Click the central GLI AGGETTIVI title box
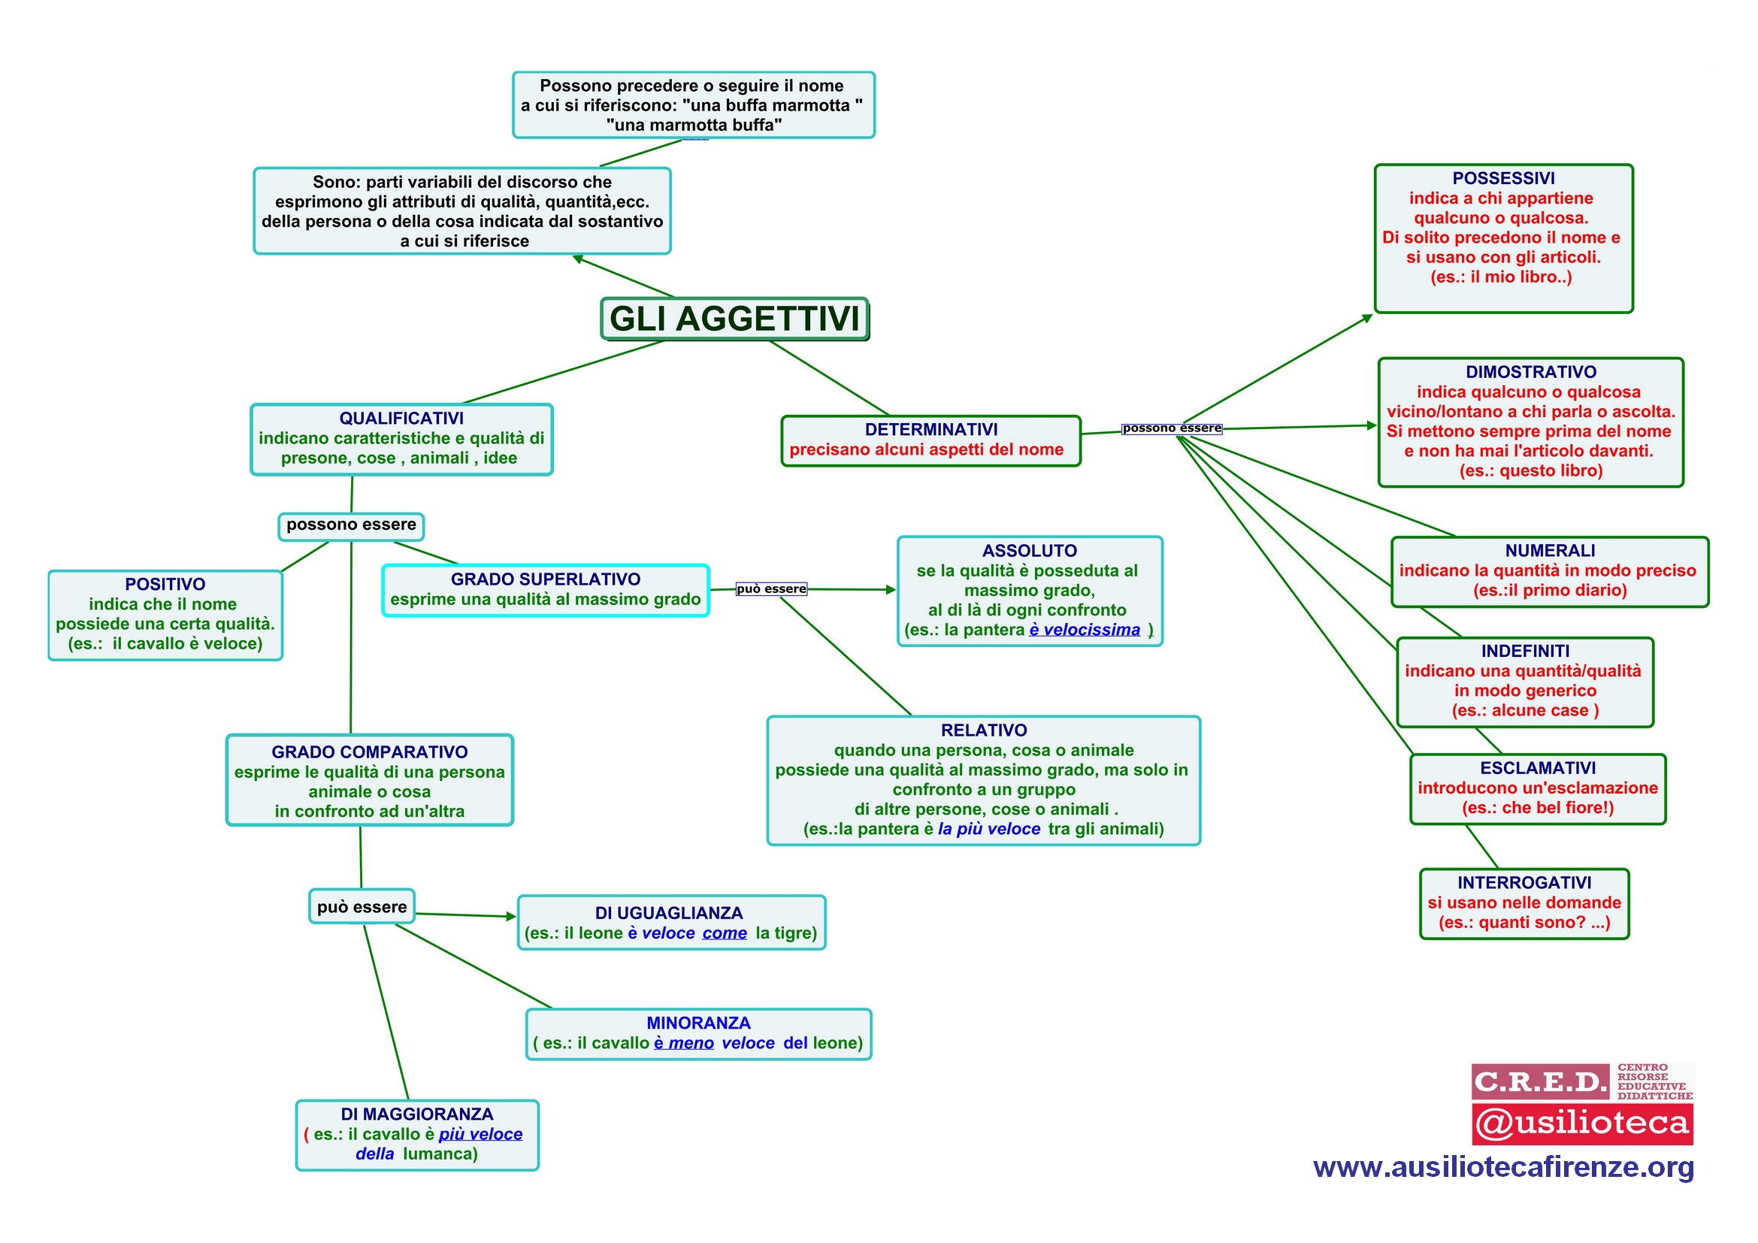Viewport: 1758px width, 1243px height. [735, 319]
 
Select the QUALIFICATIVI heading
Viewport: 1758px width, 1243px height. [401, 419]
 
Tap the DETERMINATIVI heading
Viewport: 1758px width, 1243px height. [931, 430]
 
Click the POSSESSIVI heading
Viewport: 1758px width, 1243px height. [1504, 178]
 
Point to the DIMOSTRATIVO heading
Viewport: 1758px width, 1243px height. [1531, 372]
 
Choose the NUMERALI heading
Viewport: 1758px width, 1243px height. [1551, 550]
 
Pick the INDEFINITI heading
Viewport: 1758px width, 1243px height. [1525, 651]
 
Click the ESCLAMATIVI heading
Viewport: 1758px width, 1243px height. [1539, 768]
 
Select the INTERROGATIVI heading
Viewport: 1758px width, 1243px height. [1524, 882]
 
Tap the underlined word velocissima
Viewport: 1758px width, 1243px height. [1092, 630]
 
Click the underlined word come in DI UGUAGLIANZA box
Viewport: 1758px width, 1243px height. [725, 933]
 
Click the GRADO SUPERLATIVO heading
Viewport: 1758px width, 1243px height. [546, 579]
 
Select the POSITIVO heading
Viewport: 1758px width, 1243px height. [165, 584]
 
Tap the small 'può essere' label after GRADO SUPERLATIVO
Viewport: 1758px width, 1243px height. [771, 588]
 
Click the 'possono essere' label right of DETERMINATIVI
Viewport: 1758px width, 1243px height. [1172, 428]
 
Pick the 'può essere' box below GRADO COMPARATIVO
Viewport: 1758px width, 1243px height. [362, 907]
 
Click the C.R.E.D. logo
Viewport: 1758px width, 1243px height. [1541, 1081]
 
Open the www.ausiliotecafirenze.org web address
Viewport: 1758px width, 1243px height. [1504, 1167]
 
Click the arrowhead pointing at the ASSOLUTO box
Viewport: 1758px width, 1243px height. [891, 590]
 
